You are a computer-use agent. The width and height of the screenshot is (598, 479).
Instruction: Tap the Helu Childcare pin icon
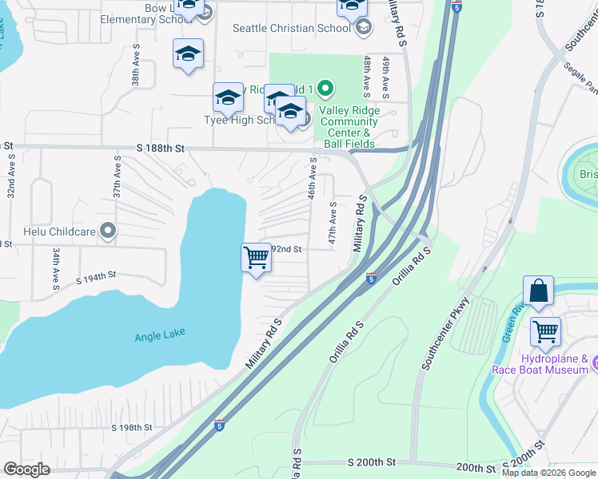(109, 232)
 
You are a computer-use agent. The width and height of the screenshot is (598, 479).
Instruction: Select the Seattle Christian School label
(291, 28)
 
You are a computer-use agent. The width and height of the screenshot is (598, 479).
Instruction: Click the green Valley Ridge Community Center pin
(325, 88)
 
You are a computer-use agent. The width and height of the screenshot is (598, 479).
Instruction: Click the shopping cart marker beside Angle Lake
(256, 258)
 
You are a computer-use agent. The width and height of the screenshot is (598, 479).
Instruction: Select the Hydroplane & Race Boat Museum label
(561, 364)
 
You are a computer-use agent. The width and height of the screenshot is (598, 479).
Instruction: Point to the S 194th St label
(97, 277)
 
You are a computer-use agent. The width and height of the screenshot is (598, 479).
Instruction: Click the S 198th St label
(132, 428)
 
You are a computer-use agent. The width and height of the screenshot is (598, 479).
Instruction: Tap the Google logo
(27, 469)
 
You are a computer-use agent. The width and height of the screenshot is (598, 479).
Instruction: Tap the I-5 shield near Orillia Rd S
(371, 278)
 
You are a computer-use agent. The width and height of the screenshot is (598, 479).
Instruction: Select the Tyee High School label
(241, 121)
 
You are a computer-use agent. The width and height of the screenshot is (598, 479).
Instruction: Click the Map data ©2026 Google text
(548, 473)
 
